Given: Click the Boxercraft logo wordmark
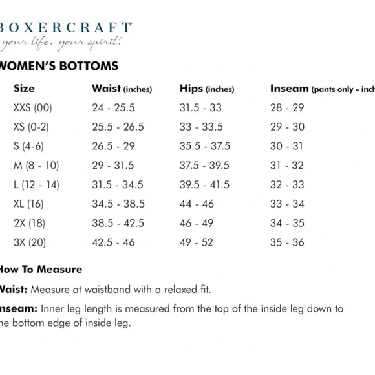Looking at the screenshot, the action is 67,29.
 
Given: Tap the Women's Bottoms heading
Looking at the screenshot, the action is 59,66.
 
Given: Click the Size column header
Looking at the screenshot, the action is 24,89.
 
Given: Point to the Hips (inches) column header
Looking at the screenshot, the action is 206,89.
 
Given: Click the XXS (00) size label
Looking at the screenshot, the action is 32,108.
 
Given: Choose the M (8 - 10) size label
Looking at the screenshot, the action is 36,166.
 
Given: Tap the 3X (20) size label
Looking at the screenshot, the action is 30,243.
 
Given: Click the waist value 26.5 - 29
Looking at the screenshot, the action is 114,146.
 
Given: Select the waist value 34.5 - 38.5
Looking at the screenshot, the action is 119,204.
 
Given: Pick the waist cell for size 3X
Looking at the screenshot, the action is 114,243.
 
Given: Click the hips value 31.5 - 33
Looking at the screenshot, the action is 200,108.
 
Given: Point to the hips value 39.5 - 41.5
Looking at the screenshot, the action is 204,185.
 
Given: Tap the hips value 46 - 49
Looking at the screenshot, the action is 196,224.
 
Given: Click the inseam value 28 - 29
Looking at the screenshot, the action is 287,108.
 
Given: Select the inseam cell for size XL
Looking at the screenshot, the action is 287,204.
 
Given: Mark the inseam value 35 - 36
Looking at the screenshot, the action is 287,243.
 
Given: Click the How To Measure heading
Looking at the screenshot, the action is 41,269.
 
